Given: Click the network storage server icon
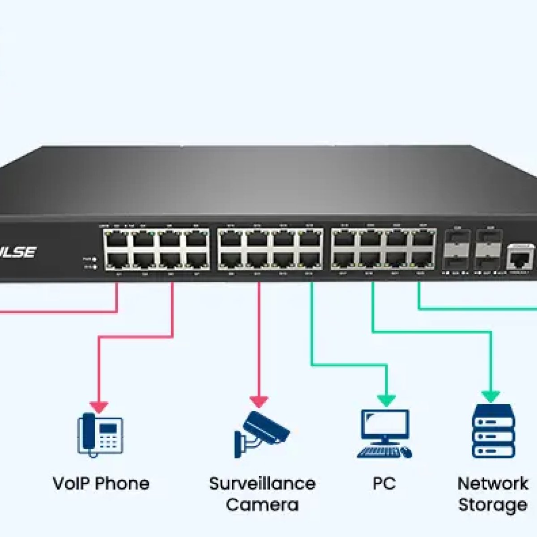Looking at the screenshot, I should point(494,430).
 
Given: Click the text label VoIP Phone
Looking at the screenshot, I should point(101,484).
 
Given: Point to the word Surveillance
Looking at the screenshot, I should point(262,484).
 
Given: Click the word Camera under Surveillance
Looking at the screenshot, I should point(262,505).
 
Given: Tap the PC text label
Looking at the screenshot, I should point(384,484).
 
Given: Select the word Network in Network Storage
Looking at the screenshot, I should point(493,484).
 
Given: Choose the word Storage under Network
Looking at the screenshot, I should point(493,505).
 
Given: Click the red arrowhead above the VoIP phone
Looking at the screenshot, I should point(99,406).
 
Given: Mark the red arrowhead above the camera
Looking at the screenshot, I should point(259,401).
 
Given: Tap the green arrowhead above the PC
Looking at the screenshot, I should point(386,400).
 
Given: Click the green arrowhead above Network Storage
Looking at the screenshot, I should point(491,396).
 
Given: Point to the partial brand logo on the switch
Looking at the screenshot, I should point(18,252).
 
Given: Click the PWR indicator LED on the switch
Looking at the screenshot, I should point(94,259).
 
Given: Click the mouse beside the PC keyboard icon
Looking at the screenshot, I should point(406,452).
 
